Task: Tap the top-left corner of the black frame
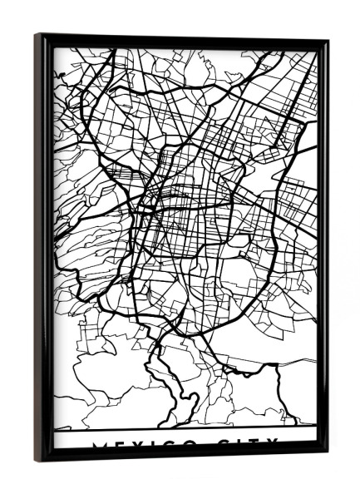coord(37,35)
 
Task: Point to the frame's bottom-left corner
coord(37,460)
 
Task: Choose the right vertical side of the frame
coord(322,249)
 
